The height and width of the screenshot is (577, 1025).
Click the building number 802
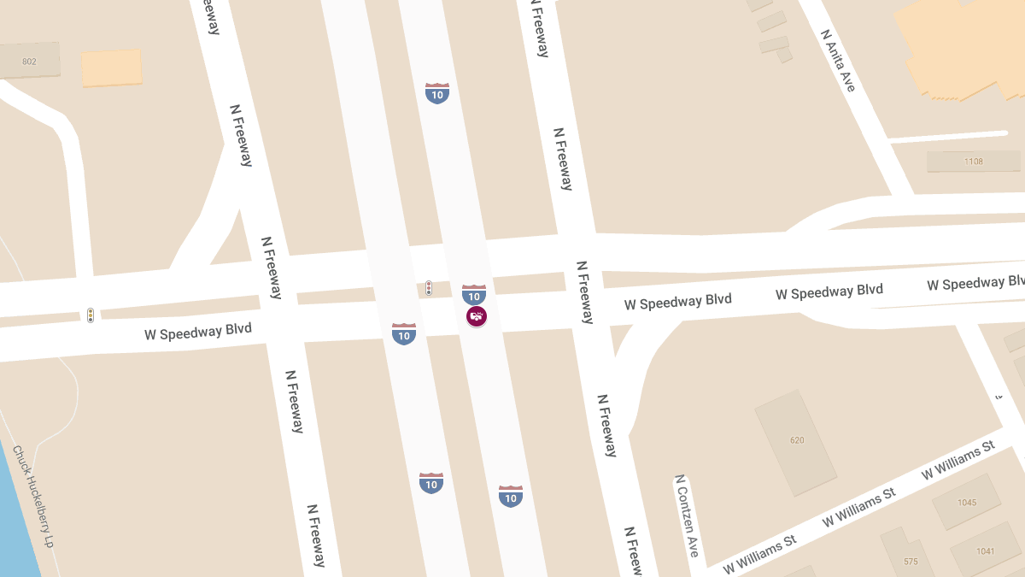pos(29,62)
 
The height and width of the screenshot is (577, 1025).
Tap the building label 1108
pos(973,162)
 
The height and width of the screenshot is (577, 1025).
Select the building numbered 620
pos(797,440)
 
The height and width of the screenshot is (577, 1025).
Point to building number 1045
pos(967,503)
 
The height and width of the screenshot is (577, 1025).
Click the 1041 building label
pos(986,551)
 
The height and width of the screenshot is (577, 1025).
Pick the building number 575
pos(911,562)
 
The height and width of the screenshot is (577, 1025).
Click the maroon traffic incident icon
pos(477,316)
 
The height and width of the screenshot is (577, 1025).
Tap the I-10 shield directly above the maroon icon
pos(474,294)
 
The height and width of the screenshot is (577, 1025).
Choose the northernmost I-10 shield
pos(437,93)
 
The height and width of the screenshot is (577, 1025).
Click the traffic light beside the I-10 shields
pos(429,289)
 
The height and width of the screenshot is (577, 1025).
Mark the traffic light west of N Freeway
pos(90,315)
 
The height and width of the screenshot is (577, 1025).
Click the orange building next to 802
pos(111,68)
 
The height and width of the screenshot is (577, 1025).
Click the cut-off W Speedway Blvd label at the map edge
pos(975,283)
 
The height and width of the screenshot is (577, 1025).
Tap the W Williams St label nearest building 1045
pos(958,460)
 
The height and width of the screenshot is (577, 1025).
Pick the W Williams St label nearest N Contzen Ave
pos(759,556)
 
